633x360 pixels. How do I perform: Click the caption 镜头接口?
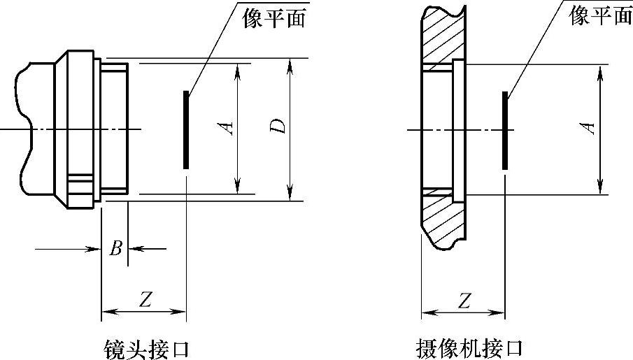pyautogui.click(x=145, y=347)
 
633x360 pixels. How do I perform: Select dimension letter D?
pyautogui.click(x=278, y=127)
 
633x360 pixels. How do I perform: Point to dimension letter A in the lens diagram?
pyautogui.click(x=225, y=127)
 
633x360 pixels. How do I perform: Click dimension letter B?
pyautogui.click(x=117, y=247)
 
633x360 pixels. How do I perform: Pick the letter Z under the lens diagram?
pyautogui.click(x=145, y=299)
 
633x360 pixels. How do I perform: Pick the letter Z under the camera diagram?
pyautogui.click(x=464, y=299)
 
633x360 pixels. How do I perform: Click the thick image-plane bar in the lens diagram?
pyautogui.click(x=186, y=129)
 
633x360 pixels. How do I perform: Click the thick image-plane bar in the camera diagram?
pyautogui.click(x=504, y=129)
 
